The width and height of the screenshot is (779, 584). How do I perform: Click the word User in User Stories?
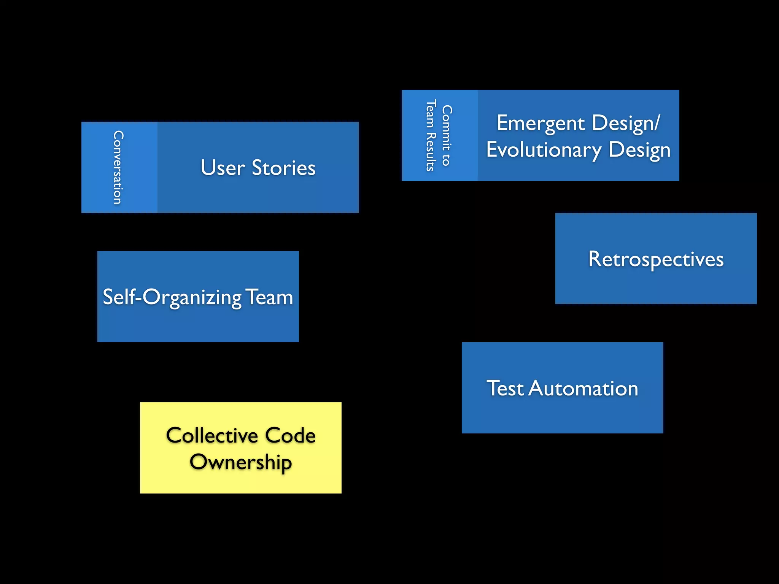pyautogui.click(x=223, y=168)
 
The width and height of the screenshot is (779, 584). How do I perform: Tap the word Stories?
pyautogui.click(x=284, y=168)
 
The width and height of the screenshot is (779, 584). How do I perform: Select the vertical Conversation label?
pyautogui.click(x=118, y=167)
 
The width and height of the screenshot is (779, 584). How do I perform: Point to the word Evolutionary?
pyautogui.click(x=544, y=149)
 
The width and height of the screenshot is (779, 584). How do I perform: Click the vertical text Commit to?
pyautogui.click(x=447, y=135)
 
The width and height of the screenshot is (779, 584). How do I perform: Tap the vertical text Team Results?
pyautogui.click(x=431, y=135)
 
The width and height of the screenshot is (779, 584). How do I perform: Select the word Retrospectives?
pyautogui.click(x=656, y=259)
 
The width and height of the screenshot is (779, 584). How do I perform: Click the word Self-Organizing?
pyautogui.click(x=172, y=297)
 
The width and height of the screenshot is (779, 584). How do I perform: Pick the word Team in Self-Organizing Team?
pyautogui.click(x=269, y=297)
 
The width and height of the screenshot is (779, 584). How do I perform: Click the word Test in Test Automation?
pyautogui.click(x=505, y=389)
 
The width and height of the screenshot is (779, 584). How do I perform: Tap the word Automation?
pyautogui.click(x=583, y=389)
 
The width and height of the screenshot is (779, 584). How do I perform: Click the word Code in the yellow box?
pyautogui.click(x=290, y=435)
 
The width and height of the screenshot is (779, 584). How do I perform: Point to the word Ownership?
pyautogui.click(x=241, y=462)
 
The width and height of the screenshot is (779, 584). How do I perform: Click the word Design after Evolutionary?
pyautogui.click(x=639, y=149)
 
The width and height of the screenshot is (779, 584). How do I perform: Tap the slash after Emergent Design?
pyautogui.click(x=657, y=123)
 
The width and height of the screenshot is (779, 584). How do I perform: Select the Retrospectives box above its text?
pyautogui.click(x=656, y=230)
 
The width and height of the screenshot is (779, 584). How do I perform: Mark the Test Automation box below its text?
pyautogui.click(x=562, y=418)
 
